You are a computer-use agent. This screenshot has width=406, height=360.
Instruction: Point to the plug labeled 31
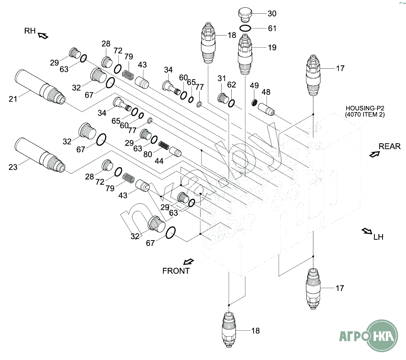[x=223, y=98]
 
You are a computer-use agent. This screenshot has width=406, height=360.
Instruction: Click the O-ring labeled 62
[x=232, y=103]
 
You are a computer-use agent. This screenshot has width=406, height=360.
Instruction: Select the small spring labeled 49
[x=254, y=104]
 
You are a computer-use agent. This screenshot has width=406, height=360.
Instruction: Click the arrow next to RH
[x=43, y=36]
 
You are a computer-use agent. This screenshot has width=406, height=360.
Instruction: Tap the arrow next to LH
[x=367, y=231]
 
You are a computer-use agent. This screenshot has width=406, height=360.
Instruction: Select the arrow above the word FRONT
[x=189, y=261]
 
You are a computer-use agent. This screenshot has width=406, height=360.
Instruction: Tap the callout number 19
[x=272, y=48]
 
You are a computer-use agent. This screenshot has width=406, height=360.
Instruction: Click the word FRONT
[x=176, y=271]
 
